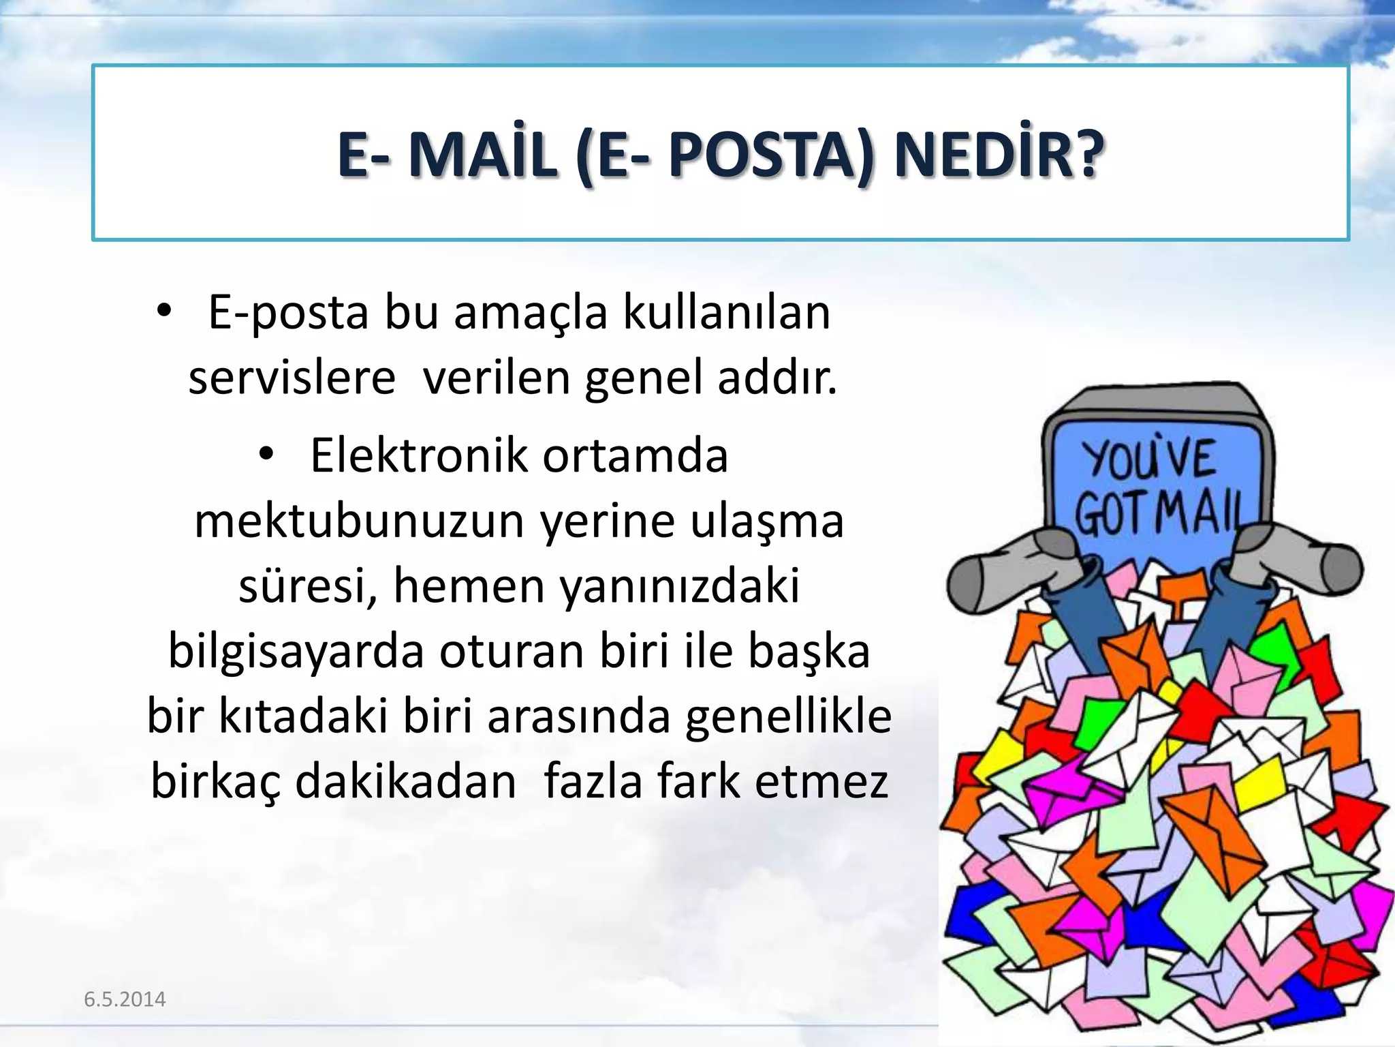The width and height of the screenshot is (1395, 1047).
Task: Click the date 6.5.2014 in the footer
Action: tap(125, 999)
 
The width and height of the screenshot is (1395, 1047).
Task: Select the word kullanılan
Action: tap(727, 313)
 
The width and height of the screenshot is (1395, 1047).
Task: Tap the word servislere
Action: tap(292, 378)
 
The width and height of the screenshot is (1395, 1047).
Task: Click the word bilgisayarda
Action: tap(296, 651)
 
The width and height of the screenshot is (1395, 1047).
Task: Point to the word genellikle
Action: tap(788, 716)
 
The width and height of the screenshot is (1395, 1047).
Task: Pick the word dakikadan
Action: tap(405, 781)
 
